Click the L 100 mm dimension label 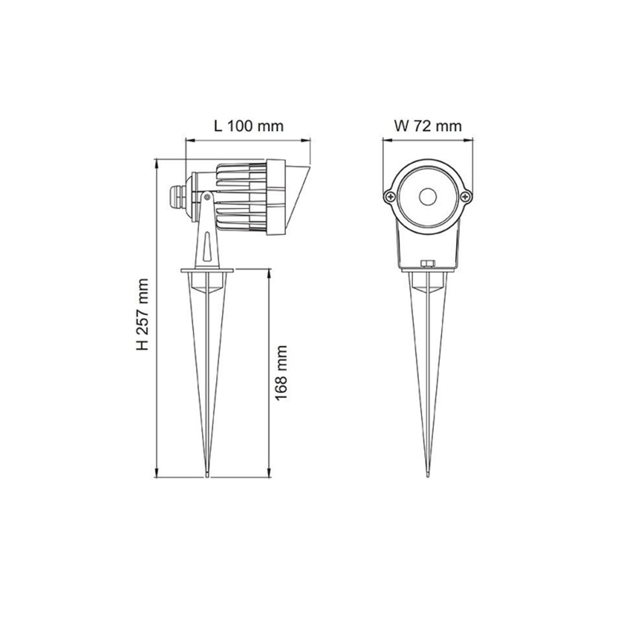(249, 126)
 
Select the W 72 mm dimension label (427, 126)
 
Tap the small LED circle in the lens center (427, 196)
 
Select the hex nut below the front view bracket (427, 265)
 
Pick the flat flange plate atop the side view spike (207, 269)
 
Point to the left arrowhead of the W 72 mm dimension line (384, 139)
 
